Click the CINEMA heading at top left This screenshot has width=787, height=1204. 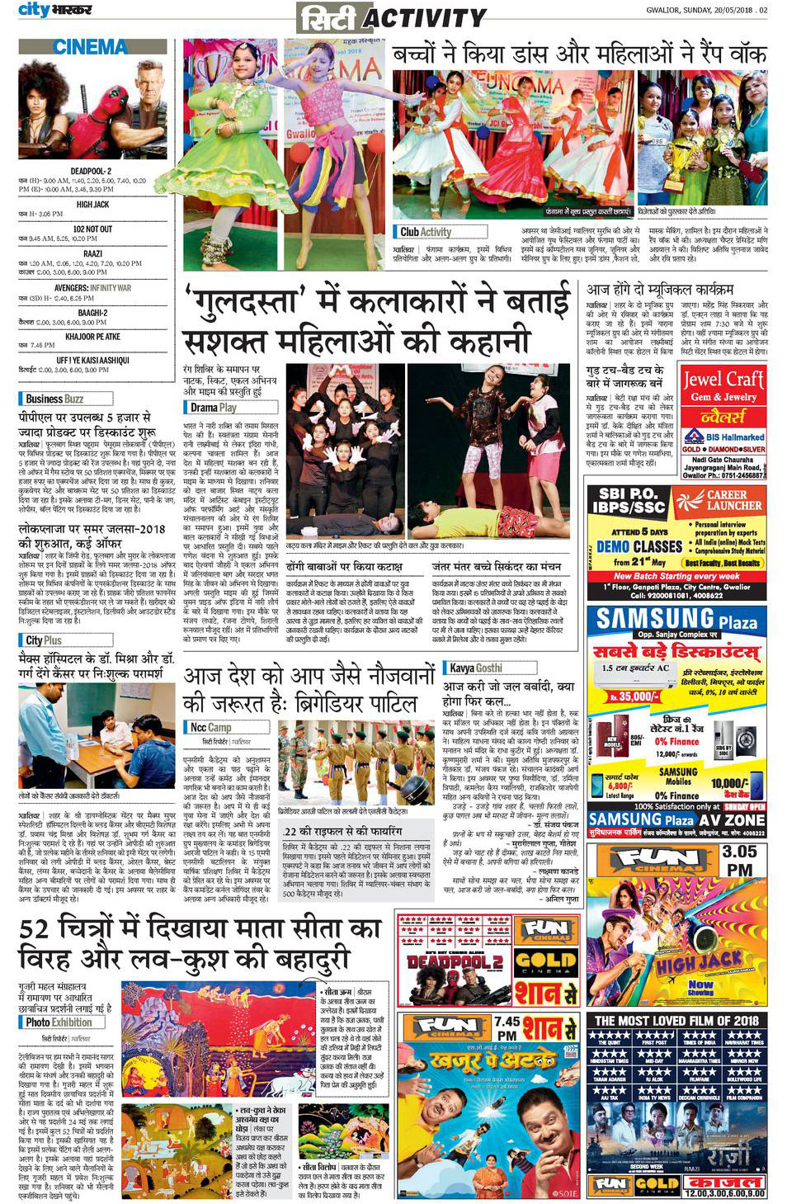tap(90, 47)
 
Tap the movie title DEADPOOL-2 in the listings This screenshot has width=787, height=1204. tap(92, 171)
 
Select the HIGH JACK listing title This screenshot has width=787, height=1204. tap(92, 204)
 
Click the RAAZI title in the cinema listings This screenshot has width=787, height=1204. tap(92, 254)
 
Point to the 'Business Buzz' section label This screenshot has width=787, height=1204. tap(54, 399)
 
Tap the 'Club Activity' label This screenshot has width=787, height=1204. tap(426, 232)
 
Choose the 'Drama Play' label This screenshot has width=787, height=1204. tap(213, 407)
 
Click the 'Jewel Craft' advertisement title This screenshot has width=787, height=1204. tap(723, 379)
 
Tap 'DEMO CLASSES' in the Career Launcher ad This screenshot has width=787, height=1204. tap(639, 546)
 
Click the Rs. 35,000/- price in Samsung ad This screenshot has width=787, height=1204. tap(634, 696)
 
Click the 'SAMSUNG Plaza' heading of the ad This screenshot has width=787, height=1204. tap(676, 620)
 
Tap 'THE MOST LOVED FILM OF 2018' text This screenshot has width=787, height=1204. tap(676, 1020)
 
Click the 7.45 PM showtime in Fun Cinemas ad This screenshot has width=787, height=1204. tap(507, 1028)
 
